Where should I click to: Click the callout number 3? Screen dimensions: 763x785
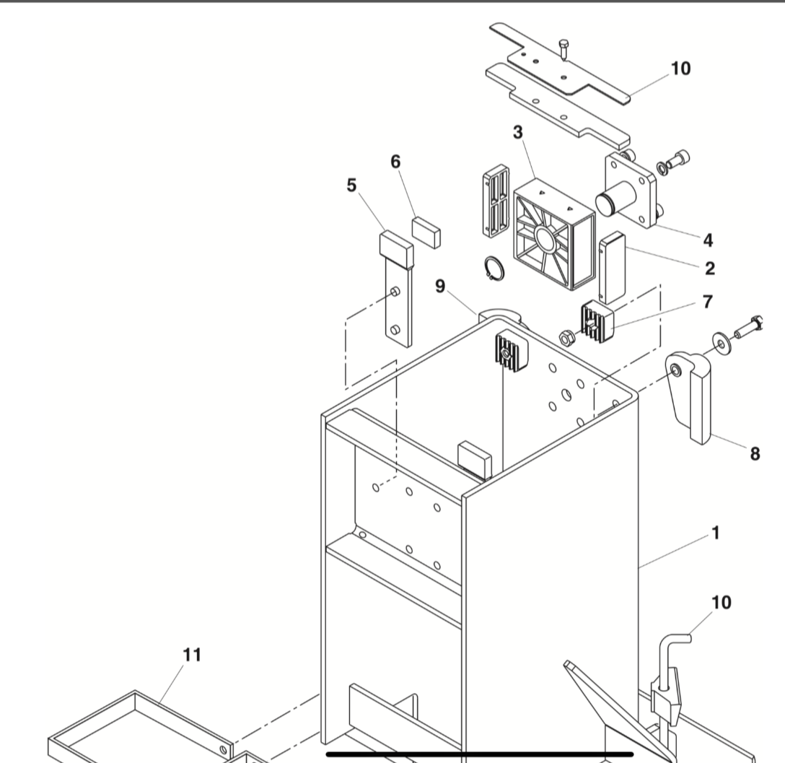coord(518,132)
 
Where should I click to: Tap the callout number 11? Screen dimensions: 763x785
coord(192,655)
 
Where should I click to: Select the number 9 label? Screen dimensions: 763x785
coord(440,287)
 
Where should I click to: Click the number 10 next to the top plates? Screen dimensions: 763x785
coord(680,69)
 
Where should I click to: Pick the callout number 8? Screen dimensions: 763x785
coord(755,453)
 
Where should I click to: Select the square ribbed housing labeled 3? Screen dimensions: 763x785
coord(553,230)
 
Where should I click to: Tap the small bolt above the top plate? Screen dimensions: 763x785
coord(563,49)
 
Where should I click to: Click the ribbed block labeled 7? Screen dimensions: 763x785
coord(598,321)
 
